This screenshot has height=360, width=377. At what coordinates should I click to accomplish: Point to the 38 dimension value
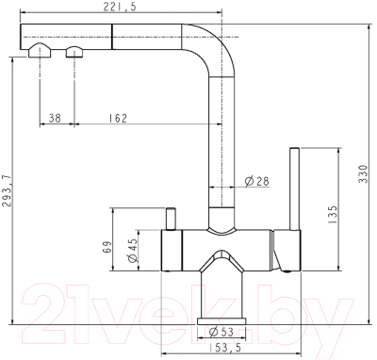pyautogui.click(x=54, y=118)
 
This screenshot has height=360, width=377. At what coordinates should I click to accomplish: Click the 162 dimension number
pyautogui.click(x=118, y=118)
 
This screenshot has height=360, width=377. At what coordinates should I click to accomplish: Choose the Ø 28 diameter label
pyautogui.click(x=256, y=180)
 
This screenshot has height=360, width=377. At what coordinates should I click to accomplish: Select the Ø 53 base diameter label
pyautogui.click(x=221, y=331)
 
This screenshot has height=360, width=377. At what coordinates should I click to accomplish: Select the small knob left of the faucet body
pyautogui.click(x=172, y=218)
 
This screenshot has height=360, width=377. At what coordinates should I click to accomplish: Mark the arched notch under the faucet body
pyautogui.click(x=222, y=256)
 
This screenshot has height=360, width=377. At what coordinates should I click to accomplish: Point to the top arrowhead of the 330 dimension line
pyautogui.click(x=363, y=26)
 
